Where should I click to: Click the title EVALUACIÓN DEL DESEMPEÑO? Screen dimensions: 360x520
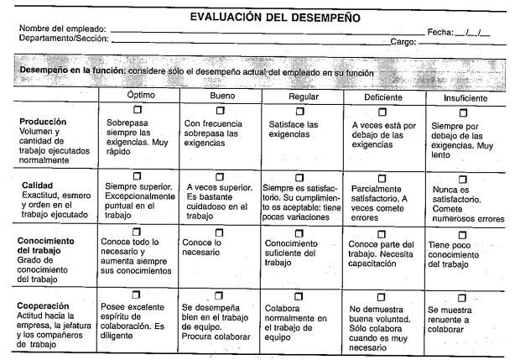(263, 17)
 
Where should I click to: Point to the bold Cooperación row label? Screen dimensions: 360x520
(49, 305)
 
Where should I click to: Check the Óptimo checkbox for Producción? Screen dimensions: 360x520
(139, 112)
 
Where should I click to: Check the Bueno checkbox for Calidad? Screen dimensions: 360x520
(221, 175)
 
